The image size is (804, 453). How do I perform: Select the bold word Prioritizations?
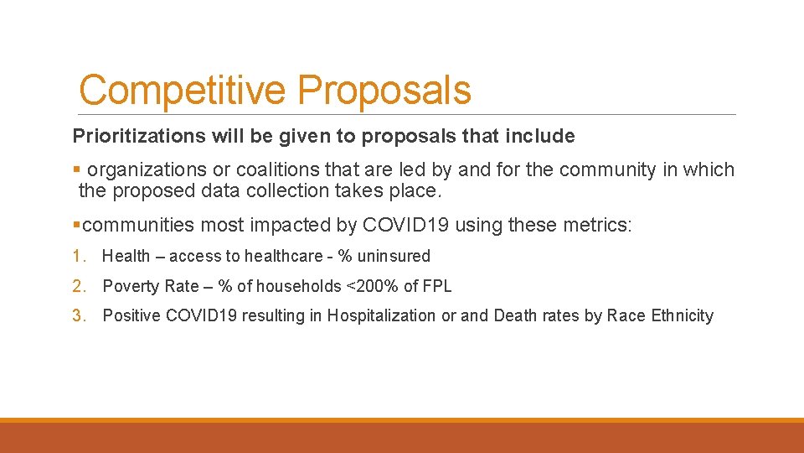(x=136, y=136)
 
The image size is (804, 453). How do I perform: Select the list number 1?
(x=78, y=257)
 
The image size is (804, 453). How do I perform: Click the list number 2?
(x=78, y=287)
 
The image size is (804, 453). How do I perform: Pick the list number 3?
(x=78, y=316)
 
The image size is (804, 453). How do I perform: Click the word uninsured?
(x=393, y=257)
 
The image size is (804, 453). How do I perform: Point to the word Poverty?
(x=130, y=287)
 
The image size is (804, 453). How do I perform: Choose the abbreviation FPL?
(x=437, y=287)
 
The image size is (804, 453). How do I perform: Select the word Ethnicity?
(x=682, y=316)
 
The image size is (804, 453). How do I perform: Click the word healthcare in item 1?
(x=282, y=257)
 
